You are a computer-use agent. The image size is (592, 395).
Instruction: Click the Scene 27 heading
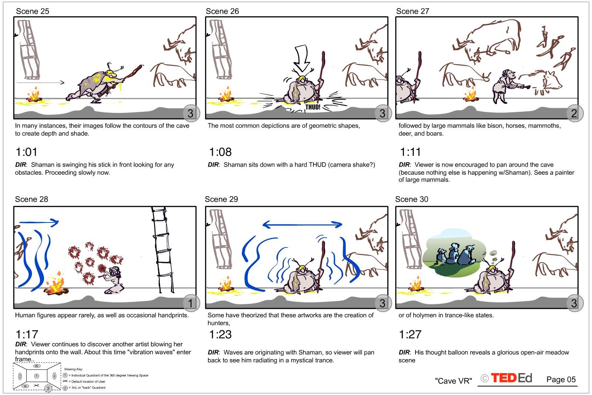412,11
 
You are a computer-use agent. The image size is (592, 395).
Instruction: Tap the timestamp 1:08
220,152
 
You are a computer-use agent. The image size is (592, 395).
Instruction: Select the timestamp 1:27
410,334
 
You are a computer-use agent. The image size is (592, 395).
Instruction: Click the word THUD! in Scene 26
313,107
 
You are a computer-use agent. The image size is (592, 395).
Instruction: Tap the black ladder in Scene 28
162,250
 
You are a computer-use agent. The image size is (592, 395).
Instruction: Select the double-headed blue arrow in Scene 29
302,225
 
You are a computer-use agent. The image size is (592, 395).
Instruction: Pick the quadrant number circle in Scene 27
574,113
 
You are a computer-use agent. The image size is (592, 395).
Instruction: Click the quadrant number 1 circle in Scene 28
191,303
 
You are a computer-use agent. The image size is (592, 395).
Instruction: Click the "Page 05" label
561,379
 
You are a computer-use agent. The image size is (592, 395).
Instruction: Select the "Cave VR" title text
453,381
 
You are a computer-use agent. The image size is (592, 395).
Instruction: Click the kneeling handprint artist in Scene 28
113,280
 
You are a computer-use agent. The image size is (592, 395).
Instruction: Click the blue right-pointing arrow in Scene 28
39,222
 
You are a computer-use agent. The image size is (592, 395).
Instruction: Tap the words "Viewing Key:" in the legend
74,369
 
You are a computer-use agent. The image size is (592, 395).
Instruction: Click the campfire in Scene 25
34,95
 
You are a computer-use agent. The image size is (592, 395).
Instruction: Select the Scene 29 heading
222,199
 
